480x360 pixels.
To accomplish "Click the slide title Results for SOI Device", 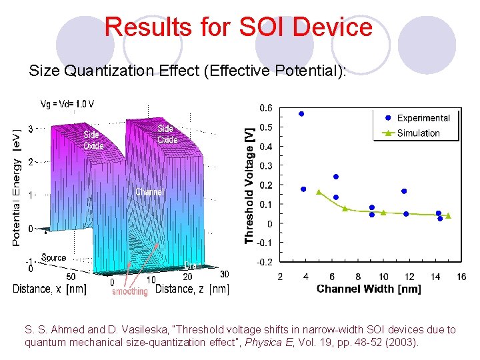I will tap(239, 27).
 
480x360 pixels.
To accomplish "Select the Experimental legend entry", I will tap(423, 118).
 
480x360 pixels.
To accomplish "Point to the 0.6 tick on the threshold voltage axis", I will tap(265, 107).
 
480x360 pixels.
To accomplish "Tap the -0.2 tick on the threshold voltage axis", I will tap(264, 262).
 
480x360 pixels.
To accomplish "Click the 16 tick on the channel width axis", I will tap(461, 277).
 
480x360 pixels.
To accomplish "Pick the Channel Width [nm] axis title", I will tap(369, 289).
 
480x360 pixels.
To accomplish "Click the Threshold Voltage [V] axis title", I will tap(249, 185).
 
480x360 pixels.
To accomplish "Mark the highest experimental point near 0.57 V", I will tap(301, 114).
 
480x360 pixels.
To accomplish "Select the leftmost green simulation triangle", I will tap(319, 192).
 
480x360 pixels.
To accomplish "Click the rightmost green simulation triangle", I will tap(448, 215).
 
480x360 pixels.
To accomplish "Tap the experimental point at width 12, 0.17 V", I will tap(404, 191).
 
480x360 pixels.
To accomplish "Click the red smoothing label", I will tap(129, 291).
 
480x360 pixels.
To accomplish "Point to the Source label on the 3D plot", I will tap(53, 257).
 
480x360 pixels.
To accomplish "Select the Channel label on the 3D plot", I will tap(149, 192).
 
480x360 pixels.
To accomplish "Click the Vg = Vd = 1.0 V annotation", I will tap(67, 103).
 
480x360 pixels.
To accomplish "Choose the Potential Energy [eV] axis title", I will tap(17, 187).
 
